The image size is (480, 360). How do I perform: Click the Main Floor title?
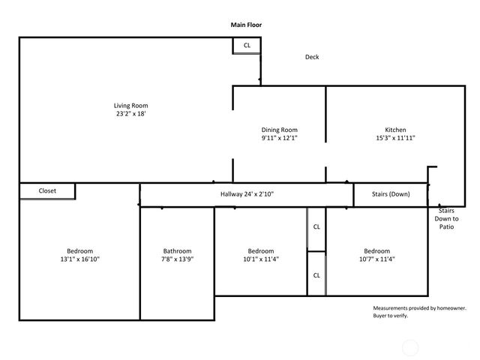(x=246, y=25)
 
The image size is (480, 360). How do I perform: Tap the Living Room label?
(x=130, y=105)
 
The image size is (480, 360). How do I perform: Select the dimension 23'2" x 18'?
(x=130, y=115)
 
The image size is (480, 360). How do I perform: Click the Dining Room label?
(x=280, y=130)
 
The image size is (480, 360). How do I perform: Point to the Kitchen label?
(x=395, y=130)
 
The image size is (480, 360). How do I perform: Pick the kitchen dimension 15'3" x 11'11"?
(x=395, y=138)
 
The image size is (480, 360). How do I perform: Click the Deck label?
(x=312, y=57)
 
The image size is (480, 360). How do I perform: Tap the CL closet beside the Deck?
(x=247, y=46)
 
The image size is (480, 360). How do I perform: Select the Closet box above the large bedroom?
(x=47, y=191)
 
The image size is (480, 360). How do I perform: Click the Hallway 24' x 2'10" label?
(x=247, y=194)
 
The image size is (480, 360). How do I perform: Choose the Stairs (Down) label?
(x=391, y=194)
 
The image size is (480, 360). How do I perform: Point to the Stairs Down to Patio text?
(x=448, y=218)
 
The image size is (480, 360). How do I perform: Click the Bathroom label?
(x=178, y=251)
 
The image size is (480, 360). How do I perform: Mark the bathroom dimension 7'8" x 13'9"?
(x=178, y=259)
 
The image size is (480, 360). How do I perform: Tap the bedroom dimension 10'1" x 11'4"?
(x=261, y=259)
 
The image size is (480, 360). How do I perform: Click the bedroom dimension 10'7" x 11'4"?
(x=376, y=259)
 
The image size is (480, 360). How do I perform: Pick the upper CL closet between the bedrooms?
(x=316, y=226)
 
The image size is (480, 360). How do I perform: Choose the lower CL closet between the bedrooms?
(x=316, y=274)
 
